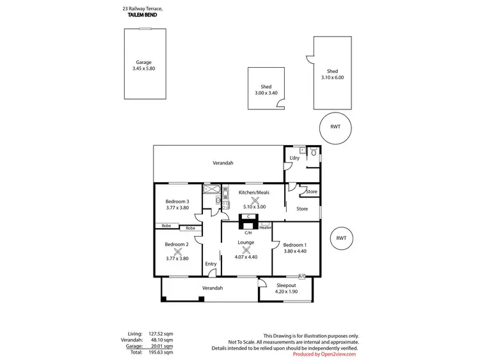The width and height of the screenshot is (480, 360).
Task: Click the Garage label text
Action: tap(143, 62)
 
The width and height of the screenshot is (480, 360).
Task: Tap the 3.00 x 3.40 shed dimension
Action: tap(266, 93)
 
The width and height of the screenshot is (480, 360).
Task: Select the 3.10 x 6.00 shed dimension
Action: tap(332, 77)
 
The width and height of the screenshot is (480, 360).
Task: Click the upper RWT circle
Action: tap(335, 127)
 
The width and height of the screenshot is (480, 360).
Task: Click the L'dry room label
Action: tap(294, 158)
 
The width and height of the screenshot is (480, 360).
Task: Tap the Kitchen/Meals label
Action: tap(254, 192)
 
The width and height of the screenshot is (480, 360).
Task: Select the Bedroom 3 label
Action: tap(177, 201)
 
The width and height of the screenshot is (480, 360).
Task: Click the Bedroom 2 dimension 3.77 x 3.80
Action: tap(177, 258)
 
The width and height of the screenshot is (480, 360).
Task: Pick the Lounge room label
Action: tap(246, 242)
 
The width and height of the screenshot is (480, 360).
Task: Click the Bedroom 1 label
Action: tap(295, 245)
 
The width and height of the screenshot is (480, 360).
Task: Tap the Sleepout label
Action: tap(285, 285)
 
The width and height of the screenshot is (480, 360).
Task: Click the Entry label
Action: tap(211, 263)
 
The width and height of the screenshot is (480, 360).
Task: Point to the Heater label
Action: tap(266, 228)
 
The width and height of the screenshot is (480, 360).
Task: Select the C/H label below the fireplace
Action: tap(248, 233)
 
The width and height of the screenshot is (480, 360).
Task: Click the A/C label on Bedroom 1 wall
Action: tap(301, 276)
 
